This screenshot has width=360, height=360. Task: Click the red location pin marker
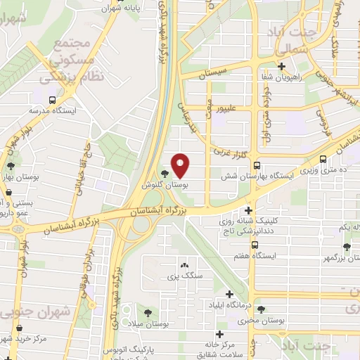coord(181,165)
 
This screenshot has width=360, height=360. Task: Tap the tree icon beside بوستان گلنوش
coord(165,174)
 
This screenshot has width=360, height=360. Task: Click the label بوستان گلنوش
coord(166,185)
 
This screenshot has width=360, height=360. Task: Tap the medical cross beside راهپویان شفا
coord(281,67)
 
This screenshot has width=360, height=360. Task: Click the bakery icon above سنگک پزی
coord(184,265)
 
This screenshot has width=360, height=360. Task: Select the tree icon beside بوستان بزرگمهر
coord(346,246)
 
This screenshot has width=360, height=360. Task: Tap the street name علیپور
coord(229,110)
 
